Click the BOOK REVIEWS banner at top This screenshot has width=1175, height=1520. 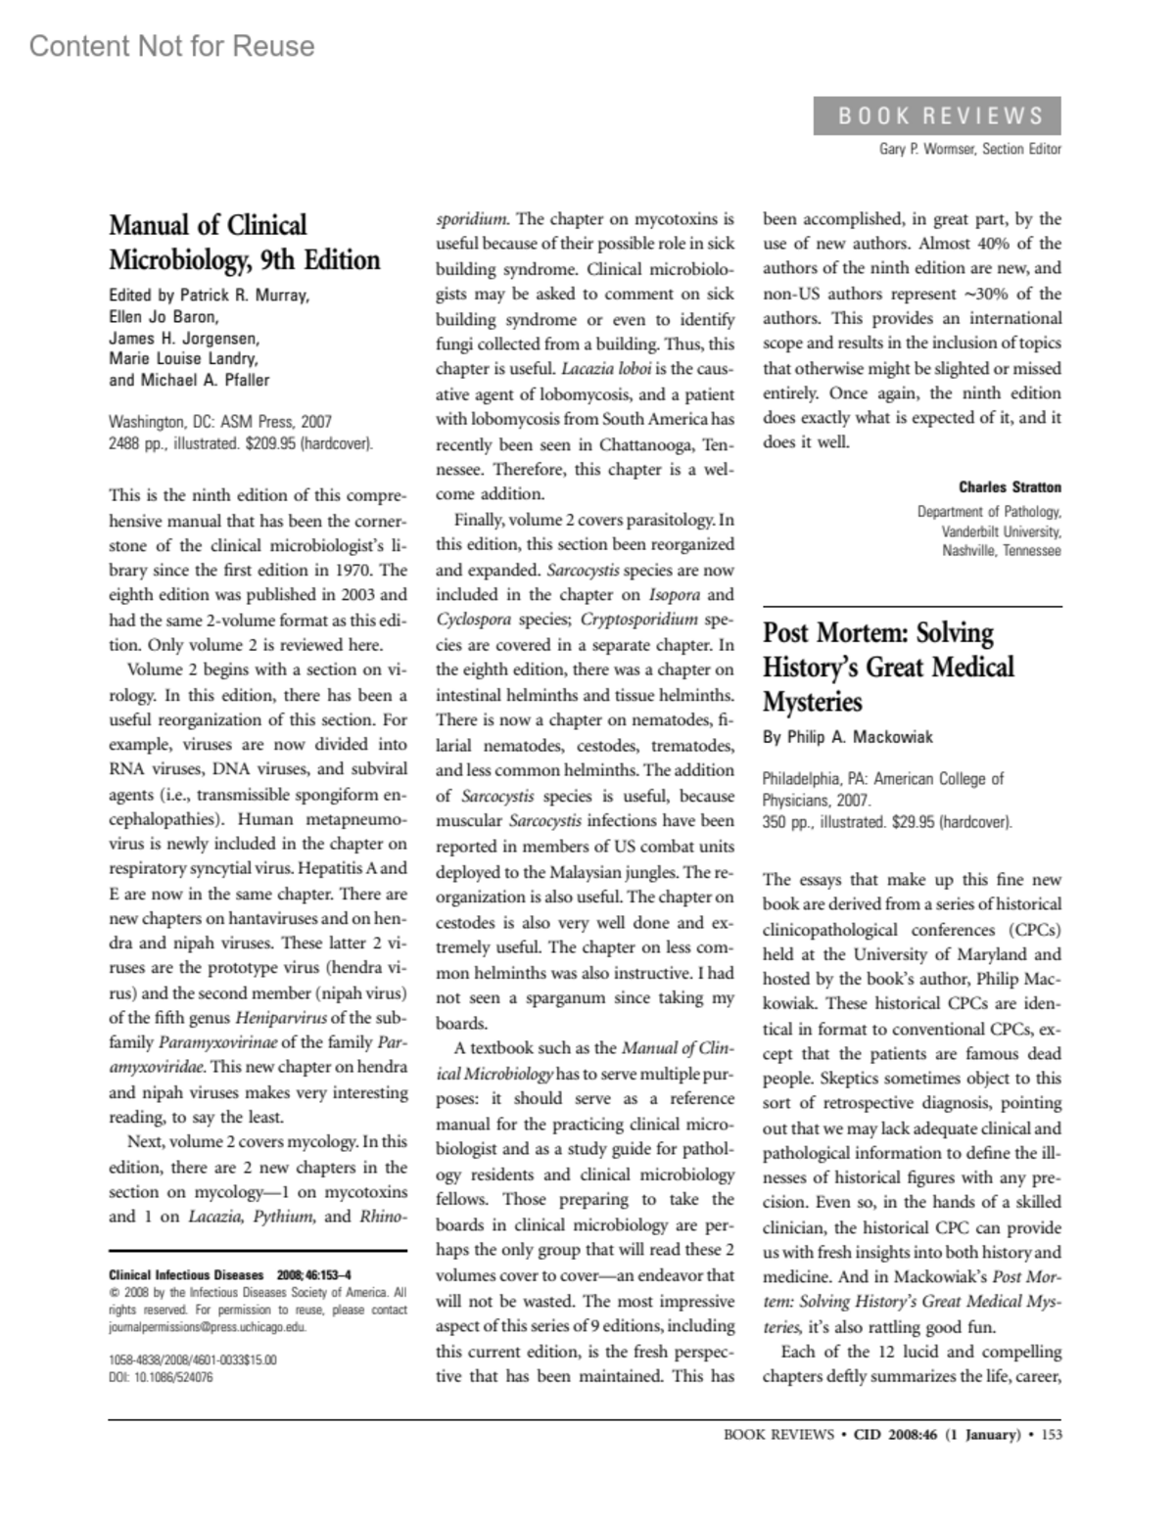[937, 116]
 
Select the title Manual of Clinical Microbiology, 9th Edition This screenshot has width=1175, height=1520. [244, 243]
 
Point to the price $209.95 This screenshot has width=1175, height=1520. [264, 444]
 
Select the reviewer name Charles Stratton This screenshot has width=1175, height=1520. [1010, 486]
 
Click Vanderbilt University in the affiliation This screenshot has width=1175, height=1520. [1001, 531]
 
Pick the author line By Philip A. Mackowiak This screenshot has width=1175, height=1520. [847, 737]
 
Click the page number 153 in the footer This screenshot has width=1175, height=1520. [1052, 1436]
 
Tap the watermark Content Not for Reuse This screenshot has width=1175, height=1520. [172, 46]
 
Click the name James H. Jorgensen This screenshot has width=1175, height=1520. [184, 339]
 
